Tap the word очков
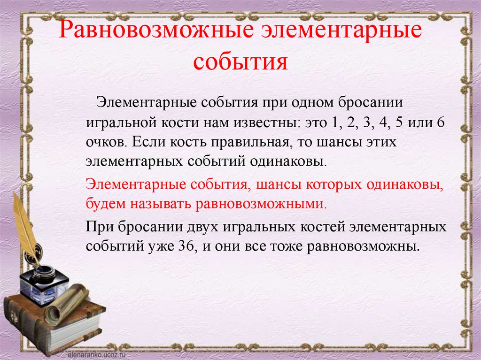pyautogui.click(x=103, y=142)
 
